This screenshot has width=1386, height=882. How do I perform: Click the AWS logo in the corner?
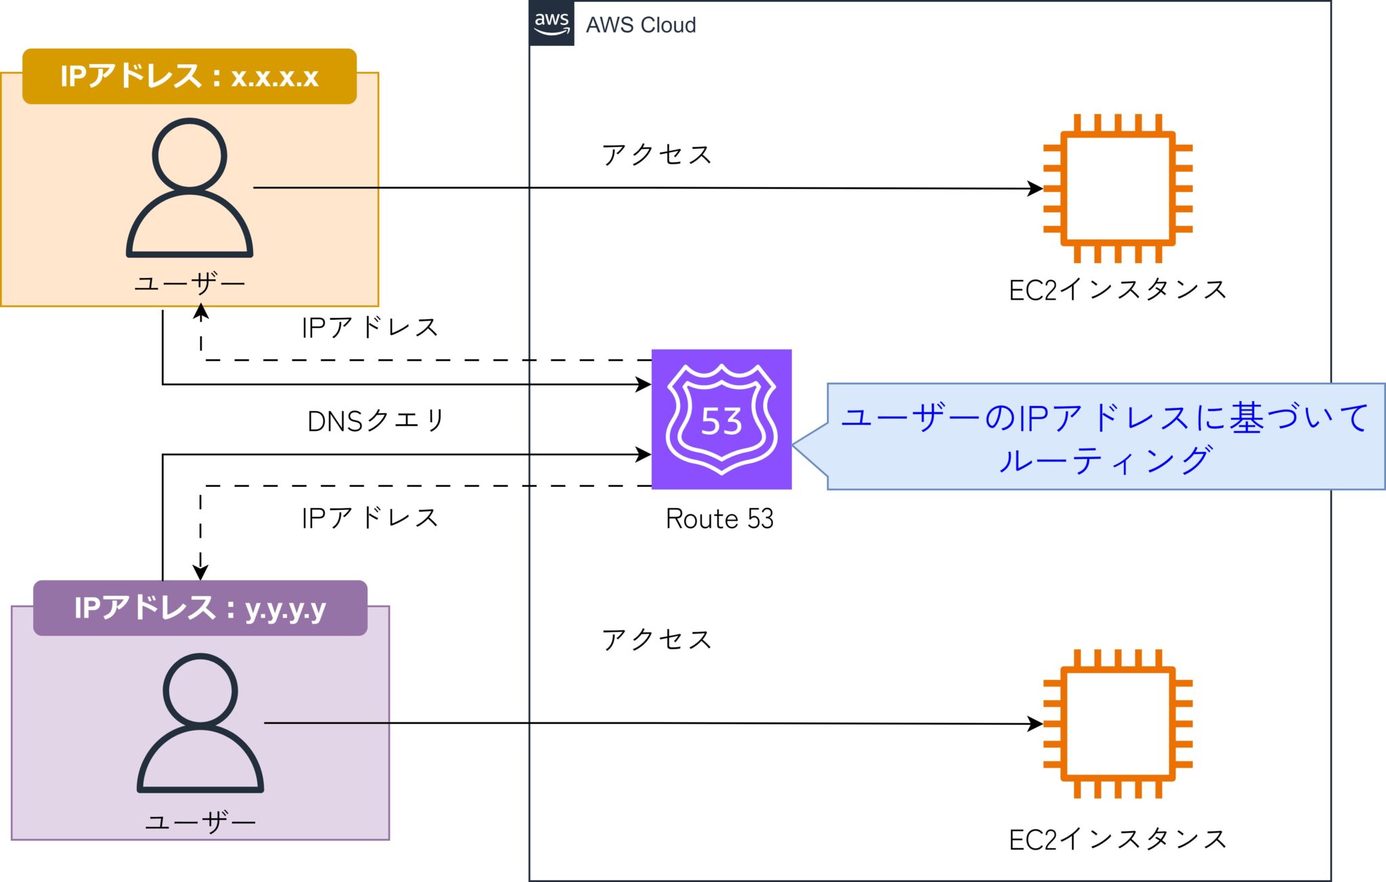[x=552, y=24]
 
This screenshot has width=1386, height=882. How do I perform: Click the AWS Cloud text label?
[x=640, y=25]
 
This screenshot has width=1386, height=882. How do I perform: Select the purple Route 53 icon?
[x=721, y=419]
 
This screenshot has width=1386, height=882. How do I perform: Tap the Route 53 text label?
[x=719, y=519]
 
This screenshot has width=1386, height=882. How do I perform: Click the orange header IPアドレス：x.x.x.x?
[x=189, y=76]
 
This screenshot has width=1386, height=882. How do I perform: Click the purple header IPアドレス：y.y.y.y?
[x=200, y=608]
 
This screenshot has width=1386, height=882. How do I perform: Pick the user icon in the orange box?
[x=189, y=188]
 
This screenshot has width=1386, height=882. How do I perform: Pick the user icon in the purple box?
[x=200, y=722]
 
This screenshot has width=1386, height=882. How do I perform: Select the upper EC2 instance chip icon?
[x=1117, y=188]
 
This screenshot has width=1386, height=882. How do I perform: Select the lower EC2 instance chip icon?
[x=1117, y=724]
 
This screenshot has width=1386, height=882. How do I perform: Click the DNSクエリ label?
[x=376, y=421]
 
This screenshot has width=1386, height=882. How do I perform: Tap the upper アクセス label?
[x=656, y=155]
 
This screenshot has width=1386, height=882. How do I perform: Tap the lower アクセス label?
[x=656, y=639]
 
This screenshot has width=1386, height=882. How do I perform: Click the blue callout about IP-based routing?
[x=1105, y=436]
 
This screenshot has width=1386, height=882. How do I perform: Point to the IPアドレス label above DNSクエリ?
[x=370, y=327]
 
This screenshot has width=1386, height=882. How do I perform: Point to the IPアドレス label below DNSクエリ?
[x=370, y=518]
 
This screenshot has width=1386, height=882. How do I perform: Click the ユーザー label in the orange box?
[x=189, y=283]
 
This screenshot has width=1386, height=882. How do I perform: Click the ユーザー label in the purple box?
[x=200, y=822]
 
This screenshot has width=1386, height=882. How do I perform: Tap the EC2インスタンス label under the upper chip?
[x=1117, y=289]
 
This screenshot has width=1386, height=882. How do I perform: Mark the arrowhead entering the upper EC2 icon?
[x=1035, y=188]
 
